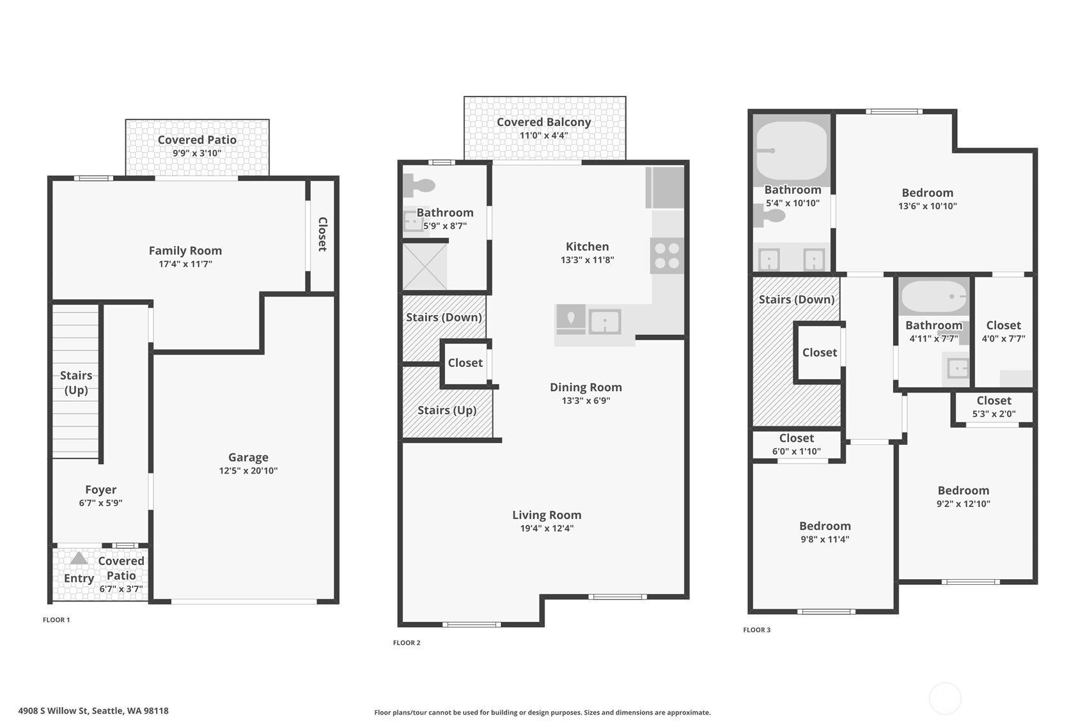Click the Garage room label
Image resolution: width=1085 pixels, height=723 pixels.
click(x=248, y=457)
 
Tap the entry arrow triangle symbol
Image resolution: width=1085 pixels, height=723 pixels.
click(x=79, y=558)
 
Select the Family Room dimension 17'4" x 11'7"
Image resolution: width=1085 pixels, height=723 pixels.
click(x=185, y=264)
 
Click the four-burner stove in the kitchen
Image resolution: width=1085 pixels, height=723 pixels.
click(x=667, y=256)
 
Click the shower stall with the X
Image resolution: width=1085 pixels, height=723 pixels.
click(x=425, y=266)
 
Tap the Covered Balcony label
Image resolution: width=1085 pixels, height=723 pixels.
click(x=543, y=122)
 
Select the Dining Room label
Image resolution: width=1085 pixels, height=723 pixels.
click(x=586, y=387)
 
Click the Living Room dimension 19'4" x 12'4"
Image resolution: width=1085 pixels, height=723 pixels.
click(x=547, y=529)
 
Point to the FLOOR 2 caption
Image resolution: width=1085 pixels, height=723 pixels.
click(x=407, y=642)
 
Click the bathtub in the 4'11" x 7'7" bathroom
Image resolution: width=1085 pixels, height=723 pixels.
click(x=933, y=297)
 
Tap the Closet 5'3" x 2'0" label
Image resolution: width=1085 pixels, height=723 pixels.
click(x=994, y=401)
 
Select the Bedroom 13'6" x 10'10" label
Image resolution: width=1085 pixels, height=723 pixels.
click(x=927, y=193)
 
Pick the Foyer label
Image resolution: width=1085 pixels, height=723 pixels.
click(x=100, y=490)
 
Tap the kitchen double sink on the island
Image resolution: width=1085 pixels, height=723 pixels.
click(x=604, y=321)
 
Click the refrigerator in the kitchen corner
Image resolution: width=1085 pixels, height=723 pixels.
click(x=666, y=188)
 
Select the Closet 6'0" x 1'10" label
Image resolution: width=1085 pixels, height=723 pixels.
click(x=796, y=439)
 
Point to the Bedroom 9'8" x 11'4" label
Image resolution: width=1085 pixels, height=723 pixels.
click(x=825, y=526)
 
